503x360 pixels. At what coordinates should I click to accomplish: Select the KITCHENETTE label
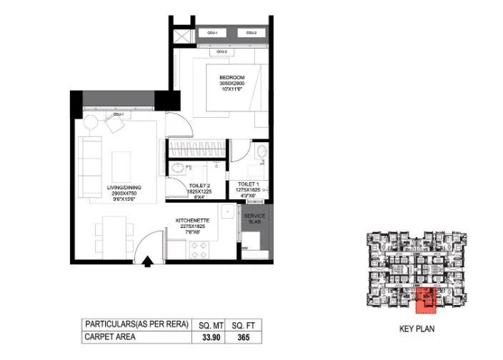click(x=192, y=221)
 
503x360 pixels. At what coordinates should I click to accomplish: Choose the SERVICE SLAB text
click(x=254, y=219)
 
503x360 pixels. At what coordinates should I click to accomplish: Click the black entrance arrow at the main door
click(x=147, y=262)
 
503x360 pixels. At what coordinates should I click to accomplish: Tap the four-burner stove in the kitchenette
click(x=198, y=249)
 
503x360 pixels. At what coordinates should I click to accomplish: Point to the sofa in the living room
click(x=90, y=162)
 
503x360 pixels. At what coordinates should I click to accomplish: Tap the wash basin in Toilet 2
click(x=177, y=170)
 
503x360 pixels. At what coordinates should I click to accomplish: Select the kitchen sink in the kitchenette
click(x=226, y=212)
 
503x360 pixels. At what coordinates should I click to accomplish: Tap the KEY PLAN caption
click(x=417, y=329)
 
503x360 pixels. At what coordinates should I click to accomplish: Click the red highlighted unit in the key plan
click(x=427, y=299)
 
